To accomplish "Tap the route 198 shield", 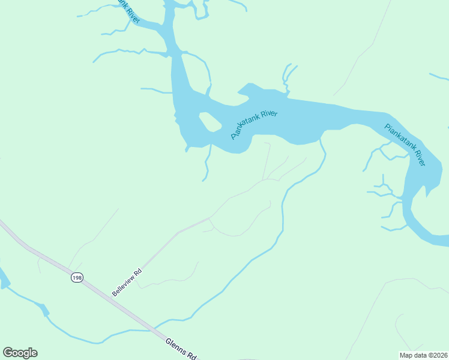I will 76,277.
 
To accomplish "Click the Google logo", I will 20,353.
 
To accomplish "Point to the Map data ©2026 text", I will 423,355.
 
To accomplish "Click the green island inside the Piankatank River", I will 209,122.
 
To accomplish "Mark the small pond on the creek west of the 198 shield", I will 43,310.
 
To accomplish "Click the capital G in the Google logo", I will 8,352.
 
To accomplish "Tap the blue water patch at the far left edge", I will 3,278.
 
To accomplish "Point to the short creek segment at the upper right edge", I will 439,76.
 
